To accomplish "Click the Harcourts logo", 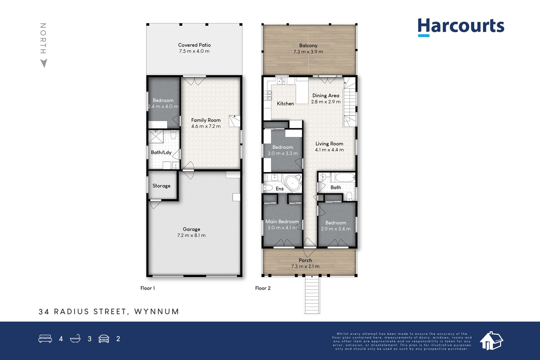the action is (x=461, y=27).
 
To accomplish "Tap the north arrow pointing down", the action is (x=44, y=63).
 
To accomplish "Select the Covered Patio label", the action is (x=194, y=45).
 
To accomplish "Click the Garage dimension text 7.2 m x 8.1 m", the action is (x=191, y=236).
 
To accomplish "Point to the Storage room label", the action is (x=162, y=186).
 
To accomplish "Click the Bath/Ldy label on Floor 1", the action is (x=161, y=153).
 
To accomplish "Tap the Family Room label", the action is (x=206, y=120).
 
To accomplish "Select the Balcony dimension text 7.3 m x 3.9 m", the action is (x=308, y=52).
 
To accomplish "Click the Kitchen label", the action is (x=286, y=104).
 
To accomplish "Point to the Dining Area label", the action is (x=326, y=96).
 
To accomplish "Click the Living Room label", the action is (x=329, y=144).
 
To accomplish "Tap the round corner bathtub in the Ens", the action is (x=293, y=183).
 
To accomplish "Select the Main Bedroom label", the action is (x=282, y=221).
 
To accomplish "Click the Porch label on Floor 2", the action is (x=305, y=260).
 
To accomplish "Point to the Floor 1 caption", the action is (x=147, y=288).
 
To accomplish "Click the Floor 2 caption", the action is (x=263, y=288).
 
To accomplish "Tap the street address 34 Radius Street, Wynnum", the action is (x=109, y=311).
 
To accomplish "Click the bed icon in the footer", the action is (x=45, y=338).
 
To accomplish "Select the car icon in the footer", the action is (x=104, y=339).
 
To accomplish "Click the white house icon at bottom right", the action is (x=491, y=341).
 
